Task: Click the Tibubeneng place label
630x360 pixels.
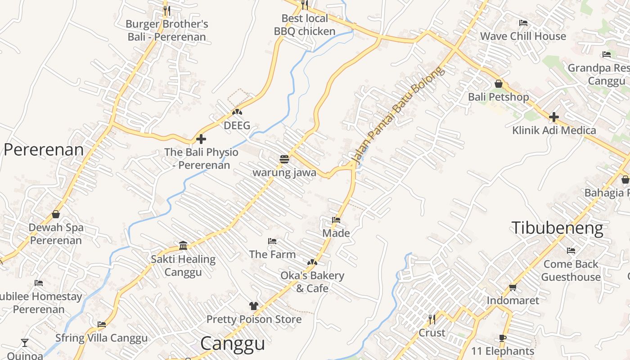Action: pyautogui.click(x=557, y=228)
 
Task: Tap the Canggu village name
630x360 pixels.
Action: pyautogui.click(x=232, y=343)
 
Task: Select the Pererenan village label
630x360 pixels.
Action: pyautogui.click(x=44, y=150)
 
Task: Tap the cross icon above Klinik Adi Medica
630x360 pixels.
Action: pyautogui.click(x=553, y=117)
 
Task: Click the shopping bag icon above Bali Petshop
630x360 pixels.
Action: pyautogui.click(x=498, y=84)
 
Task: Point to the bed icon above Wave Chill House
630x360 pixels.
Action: pyautogui.click(x=523, y=23)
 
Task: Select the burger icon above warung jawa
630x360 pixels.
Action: pyautogui.click(x=284, y=159)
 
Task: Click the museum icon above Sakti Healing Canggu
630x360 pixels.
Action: pyautogui.click(x=183, y=245)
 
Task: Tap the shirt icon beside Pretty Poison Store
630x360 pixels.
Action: pyautogui.click(x=254, y=306)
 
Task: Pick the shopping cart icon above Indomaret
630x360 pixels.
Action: pyautogui.click(x=513, y=287)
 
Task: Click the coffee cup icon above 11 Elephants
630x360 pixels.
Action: pyautogui.click(x=503, y=338)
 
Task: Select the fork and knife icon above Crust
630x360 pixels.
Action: pyautogui.click(x=432, y=319)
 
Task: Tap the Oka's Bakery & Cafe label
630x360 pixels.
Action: pyautogui.click(x=312, y=282)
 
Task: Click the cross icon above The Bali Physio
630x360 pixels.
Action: pyautogui.click(x=201, y=139)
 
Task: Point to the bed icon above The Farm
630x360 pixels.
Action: pyautogui.click(x=272, y=241)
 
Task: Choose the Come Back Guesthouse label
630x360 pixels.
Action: pyautogui.click(x=571, y=270)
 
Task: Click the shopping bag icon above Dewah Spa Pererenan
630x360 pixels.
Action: pyautogui.click(x=56, y=214)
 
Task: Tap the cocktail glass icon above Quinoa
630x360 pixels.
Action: pyautogui.click(x=25, y=343)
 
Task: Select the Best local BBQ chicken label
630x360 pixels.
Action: pyautogui.click(x=305, y=25)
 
